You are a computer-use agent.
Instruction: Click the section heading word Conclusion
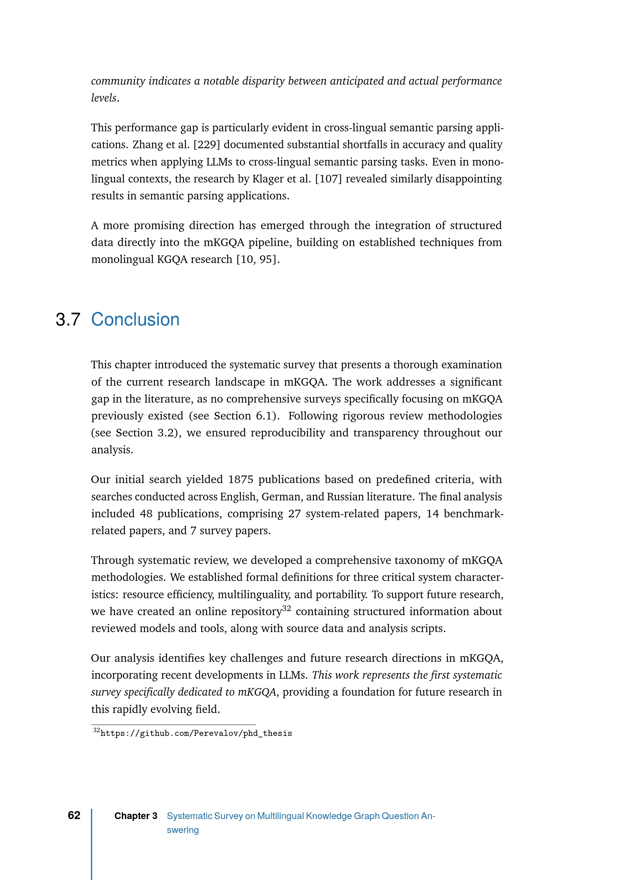pos(135,319)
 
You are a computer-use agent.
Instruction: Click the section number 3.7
pos(68,319)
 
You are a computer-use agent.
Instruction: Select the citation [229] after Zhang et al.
pos(206,144)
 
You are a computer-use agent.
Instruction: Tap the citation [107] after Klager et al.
pos(328,179)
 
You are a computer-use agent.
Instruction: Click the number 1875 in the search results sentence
pos(241,479)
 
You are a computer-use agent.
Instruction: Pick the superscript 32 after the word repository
pos(287,608)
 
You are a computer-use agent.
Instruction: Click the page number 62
pos(74,815)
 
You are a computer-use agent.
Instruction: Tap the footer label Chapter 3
pos(136,816)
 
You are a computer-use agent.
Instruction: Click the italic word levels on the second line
pos(103,98)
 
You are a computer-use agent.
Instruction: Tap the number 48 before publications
pos(146,513)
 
